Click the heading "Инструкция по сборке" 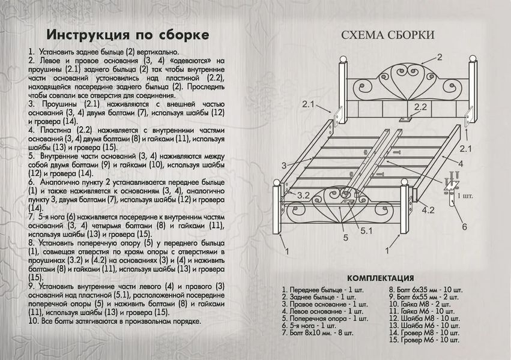tap(127, 35)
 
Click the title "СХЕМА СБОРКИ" tap(388, 35)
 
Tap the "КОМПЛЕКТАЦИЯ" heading tap(380, 278)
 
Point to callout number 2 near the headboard tap(440, 57)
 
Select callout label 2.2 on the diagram tap(420, 107)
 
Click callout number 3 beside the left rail tap(284, 166)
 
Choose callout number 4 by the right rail tap(461, 164)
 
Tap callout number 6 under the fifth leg tap(464, 227)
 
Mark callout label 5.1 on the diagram tap(366, 231)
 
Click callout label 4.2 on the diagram tap(428, 210)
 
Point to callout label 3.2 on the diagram tap(303, 195)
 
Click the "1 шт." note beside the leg tap(465, 196)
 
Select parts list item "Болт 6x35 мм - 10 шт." tap(425, 290)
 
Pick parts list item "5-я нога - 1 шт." tap(309, 325)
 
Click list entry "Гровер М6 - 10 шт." tap(424, 340)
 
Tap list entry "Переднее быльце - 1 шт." tap(322, 290)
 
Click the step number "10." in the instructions tap(33, 321)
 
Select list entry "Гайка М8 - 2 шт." tap(420, 304)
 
